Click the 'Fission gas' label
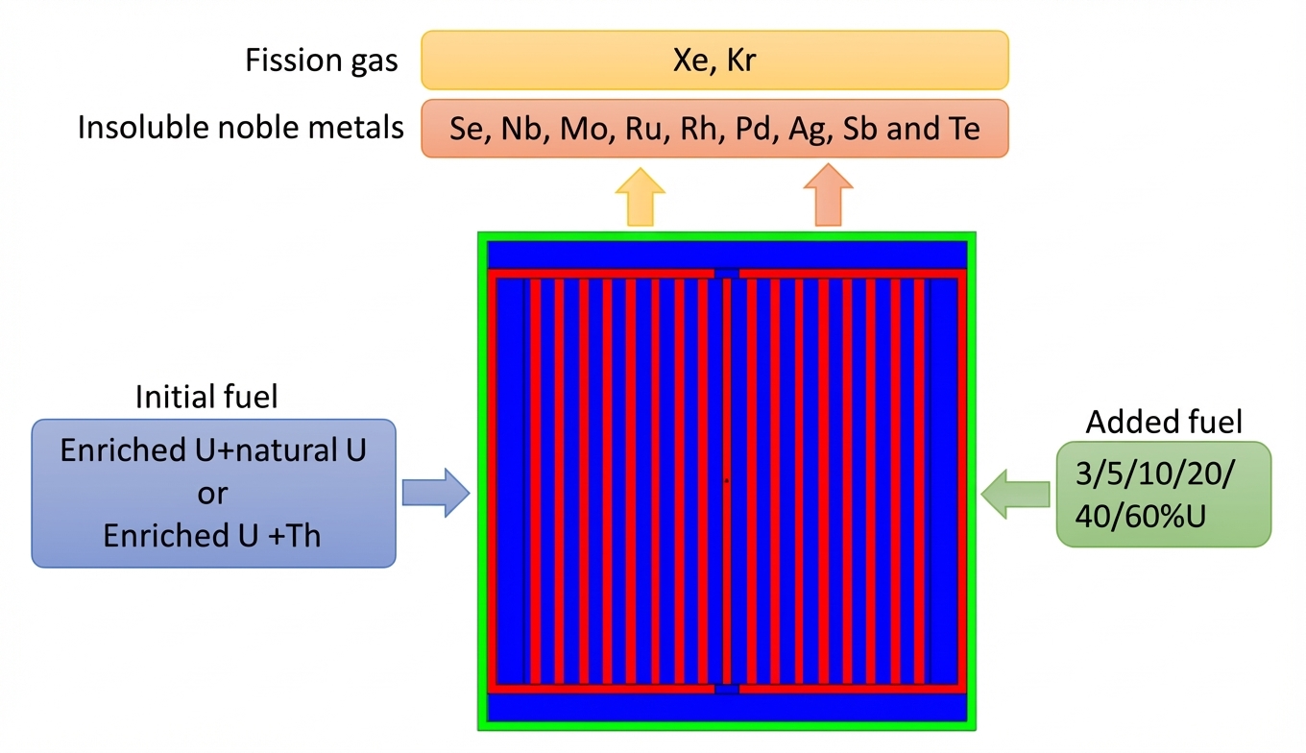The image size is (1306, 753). (321, 61)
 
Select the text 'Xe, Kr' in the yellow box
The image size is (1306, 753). (715, 61)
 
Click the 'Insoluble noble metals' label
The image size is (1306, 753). (240, 128)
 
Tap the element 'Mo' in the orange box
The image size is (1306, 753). (587, 129)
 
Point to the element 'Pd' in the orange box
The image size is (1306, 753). (755, 129)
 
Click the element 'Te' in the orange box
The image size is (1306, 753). (960, 129)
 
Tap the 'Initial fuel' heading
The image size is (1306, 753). (206, 397)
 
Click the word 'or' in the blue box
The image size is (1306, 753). (212, 493)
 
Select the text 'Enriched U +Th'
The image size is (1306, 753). (213, 535)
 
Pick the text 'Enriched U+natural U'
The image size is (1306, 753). (213, 449)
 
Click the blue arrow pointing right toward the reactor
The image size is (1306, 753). (435, 494)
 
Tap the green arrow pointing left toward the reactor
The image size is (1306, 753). (1015, 494)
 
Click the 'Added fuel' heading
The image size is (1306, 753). (1164, 422)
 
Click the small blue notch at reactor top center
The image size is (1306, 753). (727, 274)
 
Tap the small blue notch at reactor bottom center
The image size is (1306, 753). (727, 689)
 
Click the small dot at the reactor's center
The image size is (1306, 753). (727, 480)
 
